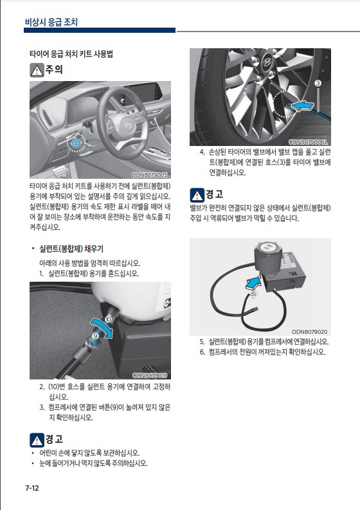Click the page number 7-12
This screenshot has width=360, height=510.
(32, 488)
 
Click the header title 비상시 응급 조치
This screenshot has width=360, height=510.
(51, 22)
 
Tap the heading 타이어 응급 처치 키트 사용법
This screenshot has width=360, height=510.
(71, 53)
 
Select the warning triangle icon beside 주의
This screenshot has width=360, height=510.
(37, 70)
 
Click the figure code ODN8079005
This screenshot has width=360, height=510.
(149, 175)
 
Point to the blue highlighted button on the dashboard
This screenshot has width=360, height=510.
(76, 143)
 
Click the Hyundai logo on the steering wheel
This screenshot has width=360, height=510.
(127, 125)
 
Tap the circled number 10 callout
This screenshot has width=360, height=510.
(107, 320)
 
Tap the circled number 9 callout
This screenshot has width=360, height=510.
(96, 335)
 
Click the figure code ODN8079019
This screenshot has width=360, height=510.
(150, 376)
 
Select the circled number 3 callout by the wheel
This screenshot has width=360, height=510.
(318, 83)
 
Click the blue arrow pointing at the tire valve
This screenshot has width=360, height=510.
(302, 105)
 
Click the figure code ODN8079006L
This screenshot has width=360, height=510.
(308, 142)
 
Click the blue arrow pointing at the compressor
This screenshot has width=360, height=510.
(253, 282)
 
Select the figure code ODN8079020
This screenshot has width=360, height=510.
(310, 332)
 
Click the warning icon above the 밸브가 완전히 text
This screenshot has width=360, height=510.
(197, 195)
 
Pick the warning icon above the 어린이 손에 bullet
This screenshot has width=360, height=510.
(37, 441)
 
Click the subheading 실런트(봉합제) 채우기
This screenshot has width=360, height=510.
(71, 249)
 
